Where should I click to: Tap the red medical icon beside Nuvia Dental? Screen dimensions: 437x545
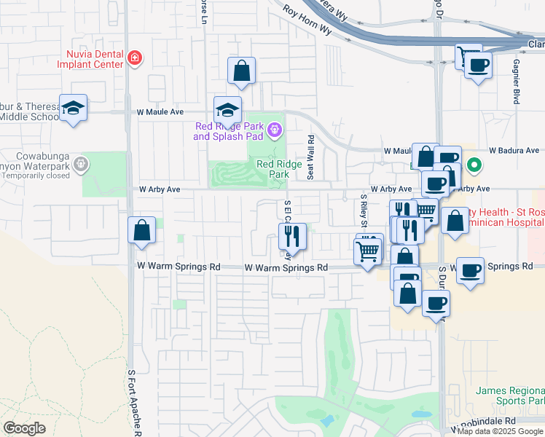click(x=134, y=58)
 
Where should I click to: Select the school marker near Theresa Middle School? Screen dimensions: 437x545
click(x=73, y=109)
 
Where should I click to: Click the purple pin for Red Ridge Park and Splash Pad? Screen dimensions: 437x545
click(x=274, y=131)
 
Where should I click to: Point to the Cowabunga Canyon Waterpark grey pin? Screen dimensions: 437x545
click(x=79, y=165)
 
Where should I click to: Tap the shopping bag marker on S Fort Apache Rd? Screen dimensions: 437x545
click(x=141, y=231)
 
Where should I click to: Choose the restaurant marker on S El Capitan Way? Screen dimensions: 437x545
click(x=289, y=235)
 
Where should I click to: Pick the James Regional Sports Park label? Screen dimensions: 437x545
click(x=510, y=395)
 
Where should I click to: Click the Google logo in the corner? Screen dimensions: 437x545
click(x=24, y=428)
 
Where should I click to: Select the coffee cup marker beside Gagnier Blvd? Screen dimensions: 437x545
click(x=478, y=66)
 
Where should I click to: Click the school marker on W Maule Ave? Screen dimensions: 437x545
click(x=227, y=111)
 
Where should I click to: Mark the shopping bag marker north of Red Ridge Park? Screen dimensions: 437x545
click(x=241, y=71)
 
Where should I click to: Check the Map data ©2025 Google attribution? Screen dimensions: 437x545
click(x=500, y=431)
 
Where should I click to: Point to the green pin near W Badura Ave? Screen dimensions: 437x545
click(x=474, y=165)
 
